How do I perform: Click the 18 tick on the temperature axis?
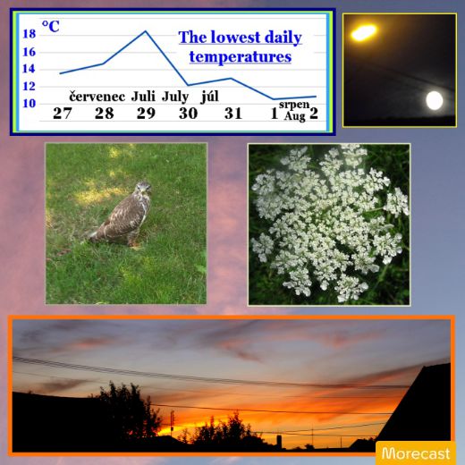pyautogui.click(x=30, y=34)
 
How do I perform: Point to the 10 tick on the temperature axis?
pyautogui.click(x=30, y=104)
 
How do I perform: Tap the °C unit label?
pyautogui.click(x=50, y=27)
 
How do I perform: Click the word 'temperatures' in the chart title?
pyautogui.click(x=241, y=57)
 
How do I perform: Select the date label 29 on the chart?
pyautogui.click(x=146, y=114)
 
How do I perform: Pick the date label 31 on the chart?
pyautogui.click(x=233, y=114)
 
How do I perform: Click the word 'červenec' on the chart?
pyautogui.click(x=97, y=97)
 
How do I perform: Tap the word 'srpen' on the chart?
pyautogui.click(x=294, y=105)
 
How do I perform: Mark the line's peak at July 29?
pyautogui.click(x=146, y=31)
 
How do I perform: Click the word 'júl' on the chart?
pyautogui.click(x=210, y=97)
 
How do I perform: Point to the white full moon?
pyautogui.click(x=435, y=100)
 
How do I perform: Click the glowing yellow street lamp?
pyautogui.click(x=363, y=32)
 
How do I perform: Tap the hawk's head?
pyautogui.click(x=143, y=189)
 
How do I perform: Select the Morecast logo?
pyautogui.click(x=416, y=453)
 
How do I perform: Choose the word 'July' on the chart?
pyautogui.click(x=175, y=97)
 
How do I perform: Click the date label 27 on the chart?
pyautogui.click(x=63, y=114)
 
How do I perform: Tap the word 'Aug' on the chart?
pyautogui.click(x=294, y=116)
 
